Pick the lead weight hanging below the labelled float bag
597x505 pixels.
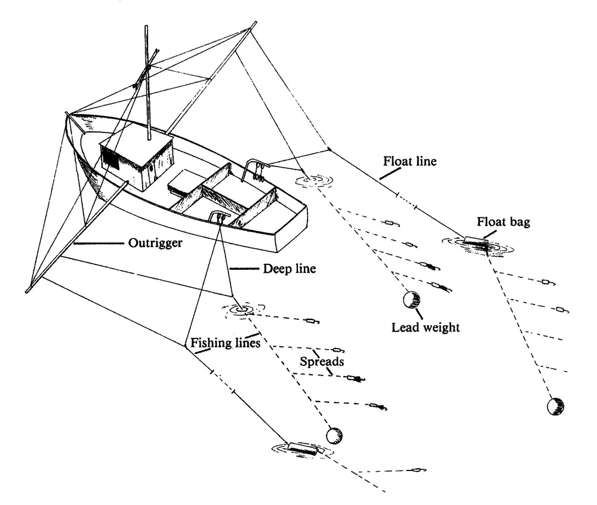555,407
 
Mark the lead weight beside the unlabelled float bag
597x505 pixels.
336,436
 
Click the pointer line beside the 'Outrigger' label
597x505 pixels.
99,244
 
